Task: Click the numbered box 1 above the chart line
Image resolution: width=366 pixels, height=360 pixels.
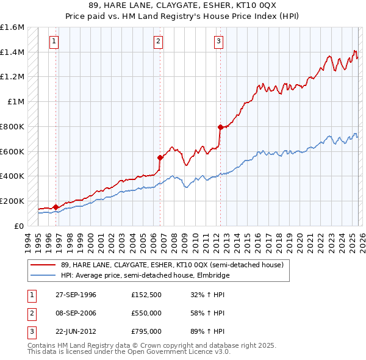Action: pos(54,41)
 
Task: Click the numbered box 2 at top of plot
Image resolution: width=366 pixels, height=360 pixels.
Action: pos(158,41)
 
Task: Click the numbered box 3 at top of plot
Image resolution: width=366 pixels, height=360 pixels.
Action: pos(218,41)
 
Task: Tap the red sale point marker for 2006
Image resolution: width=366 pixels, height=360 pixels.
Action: pos(160,157)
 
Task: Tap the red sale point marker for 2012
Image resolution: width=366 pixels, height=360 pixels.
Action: pos(220,127)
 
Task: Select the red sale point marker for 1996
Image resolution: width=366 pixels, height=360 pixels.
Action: pos(56,207)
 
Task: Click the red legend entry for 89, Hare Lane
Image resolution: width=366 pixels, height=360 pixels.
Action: pos(172,265)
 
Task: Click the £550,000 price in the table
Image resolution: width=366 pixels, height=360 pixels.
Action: pos(146,313)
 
